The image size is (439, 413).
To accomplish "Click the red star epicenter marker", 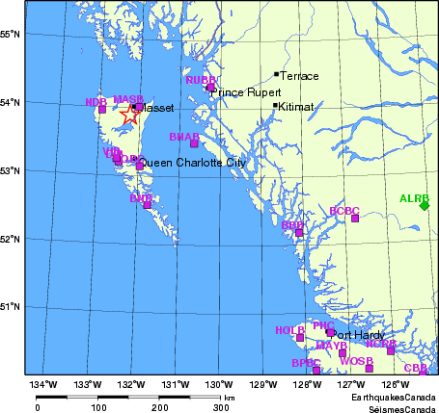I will [x=128, y=115].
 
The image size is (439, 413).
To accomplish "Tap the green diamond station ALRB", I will [x=424, y=205].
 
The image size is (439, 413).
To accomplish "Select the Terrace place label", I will [x=299, y=74].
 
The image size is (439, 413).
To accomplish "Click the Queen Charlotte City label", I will [x=195, y=163].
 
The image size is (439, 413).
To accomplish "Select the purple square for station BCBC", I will [x=355, y=219].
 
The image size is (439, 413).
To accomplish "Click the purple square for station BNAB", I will [x=194, y=143].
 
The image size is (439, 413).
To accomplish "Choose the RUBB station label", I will [x=201, y=80].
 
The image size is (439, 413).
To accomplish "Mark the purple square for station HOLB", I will [x=300, y=337].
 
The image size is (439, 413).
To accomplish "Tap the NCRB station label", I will [x=380, y=343].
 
